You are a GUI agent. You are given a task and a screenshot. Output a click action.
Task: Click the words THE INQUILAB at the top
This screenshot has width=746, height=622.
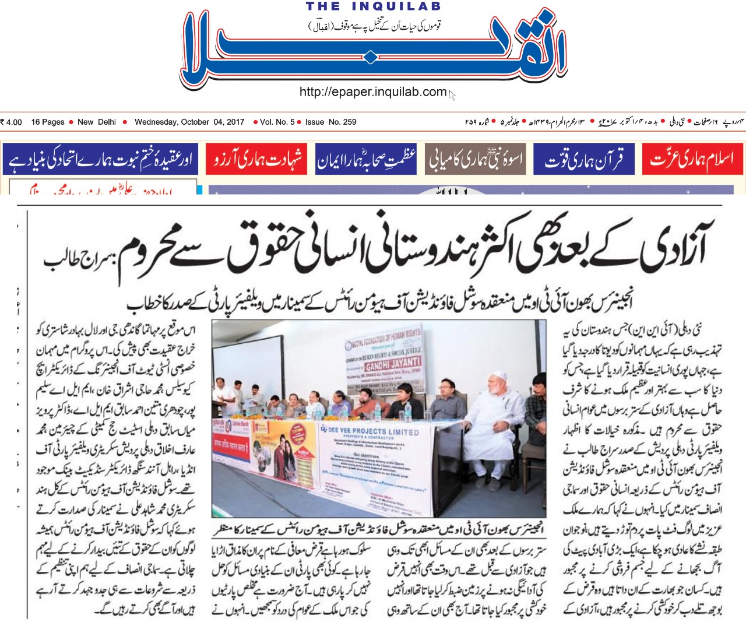(374, 6)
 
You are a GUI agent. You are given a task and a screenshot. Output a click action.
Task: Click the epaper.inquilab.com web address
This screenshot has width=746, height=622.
(373, 92)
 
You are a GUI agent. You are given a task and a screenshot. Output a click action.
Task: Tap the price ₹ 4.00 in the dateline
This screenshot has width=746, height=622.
(12, 122)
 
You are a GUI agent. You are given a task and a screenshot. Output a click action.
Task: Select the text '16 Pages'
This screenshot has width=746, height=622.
(48, 122)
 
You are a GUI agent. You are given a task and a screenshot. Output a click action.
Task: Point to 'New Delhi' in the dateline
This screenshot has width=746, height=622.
(97, 122)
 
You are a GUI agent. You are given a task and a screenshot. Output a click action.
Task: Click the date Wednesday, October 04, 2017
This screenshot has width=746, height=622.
(189, 122)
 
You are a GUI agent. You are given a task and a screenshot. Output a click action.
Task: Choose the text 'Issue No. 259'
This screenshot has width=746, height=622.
(330, 122)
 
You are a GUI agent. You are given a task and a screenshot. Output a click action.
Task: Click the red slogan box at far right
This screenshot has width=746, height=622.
(692, 159)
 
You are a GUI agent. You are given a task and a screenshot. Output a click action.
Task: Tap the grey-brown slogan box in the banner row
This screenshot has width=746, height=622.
(475, 159)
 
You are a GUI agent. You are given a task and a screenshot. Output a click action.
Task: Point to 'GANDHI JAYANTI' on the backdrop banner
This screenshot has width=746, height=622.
(392, 365)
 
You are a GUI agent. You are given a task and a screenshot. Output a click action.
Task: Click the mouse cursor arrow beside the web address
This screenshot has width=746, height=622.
(452, 94)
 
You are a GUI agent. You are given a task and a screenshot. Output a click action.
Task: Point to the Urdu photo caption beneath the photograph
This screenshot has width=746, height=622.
(379, 529)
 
